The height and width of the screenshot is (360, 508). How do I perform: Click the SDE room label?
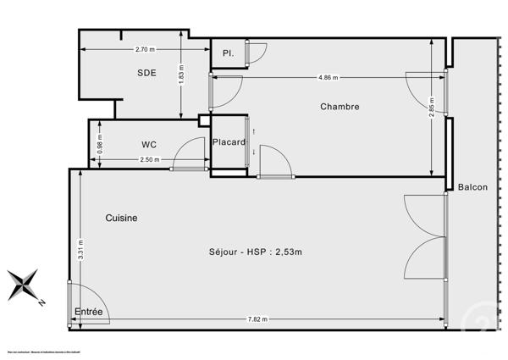pyautogui.click(x=147, y=73)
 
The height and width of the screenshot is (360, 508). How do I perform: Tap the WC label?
pyautogui.click(x=149, y=144)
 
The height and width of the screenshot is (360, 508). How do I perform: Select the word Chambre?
pyautogui.click(x=340, y=107)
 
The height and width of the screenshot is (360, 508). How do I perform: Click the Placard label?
pyautogui.click(x=229, y=141)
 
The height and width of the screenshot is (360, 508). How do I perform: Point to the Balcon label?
pyautogui.click(x=472, y=187)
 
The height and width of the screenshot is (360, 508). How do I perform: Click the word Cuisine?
pyautogui.click(x=121, y=218)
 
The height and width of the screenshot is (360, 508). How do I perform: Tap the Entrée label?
pyautogui.click(x=88, y=313)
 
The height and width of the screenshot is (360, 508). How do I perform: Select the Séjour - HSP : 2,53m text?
pyautogui.click(x=255, y=252)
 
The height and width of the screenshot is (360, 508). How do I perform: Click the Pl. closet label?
pyautogui.click(x=228, y=53)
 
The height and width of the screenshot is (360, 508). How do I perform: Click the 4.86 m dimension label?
pyautogui.click(x=329, y=77)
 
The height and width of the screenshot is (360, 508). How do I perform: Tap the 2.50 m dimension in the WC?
pyautogui.click(x=149, y=159)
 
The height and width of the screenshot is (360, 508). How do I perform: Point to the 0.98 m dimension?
pyautogui.click(x=101, y=144)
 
